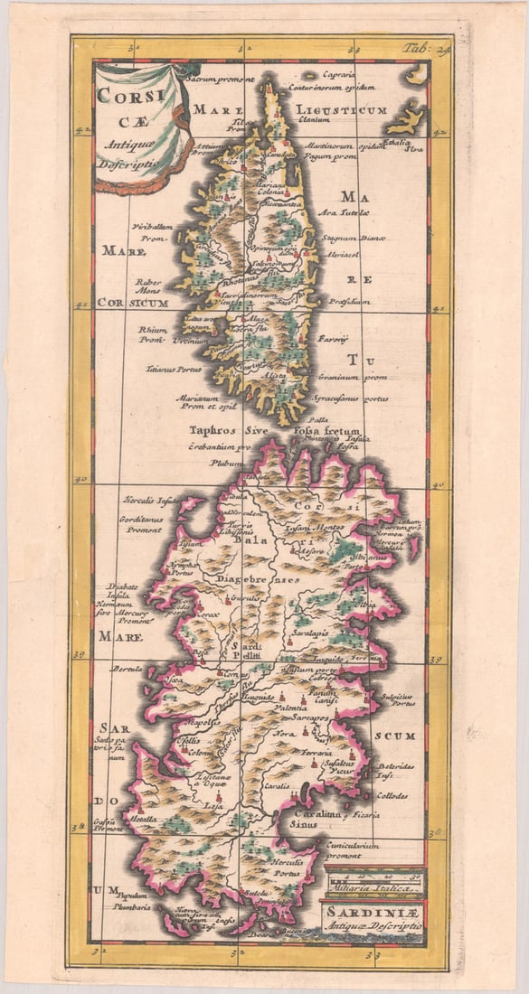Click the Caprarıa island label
(340, 74)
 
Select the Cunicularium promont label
(352, 850)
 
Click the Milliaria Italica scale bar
(373, 880)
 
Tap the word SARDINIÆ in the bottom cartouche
(371, 913)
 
